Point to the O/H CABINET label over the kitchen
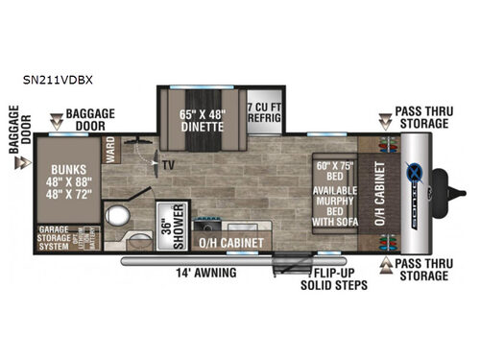(x=230, y=244)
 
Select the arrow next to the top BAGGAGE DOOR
(x=60, y=122)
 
